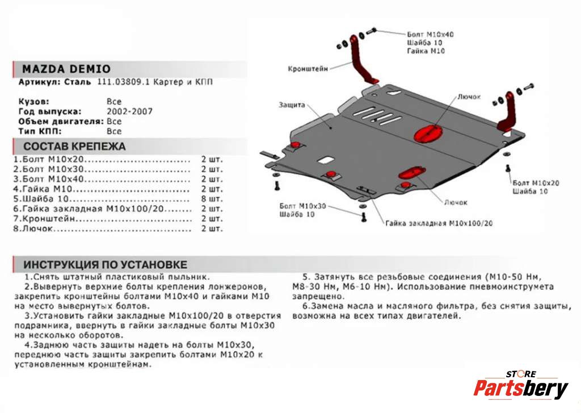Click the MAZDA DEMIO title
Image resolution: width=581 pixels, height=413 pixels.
tap(66, 69)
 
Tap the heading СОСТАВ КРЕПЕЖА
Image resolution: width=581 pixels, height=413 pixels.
tap(74, 147)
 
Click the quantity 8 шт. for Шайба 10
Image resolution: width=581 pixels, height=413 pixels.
tap(211, 199)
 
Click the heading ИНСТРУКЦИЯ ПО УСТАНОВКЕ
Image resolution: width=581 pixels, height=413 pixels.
tap(105, 265)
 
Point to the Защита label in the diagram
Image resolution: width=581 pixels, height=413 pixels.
tap(292, 105)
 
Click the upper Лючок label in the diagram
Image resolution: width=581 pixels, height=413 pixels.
tap(469, 97)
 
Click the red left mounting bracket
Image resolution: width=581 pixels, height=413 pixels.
tap(361, 60)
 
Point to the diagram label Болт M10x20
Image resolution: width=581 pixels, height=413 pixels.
tap(536, 183)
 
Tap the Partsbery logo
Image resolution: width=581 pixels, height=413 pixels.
tap(520, 388)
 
